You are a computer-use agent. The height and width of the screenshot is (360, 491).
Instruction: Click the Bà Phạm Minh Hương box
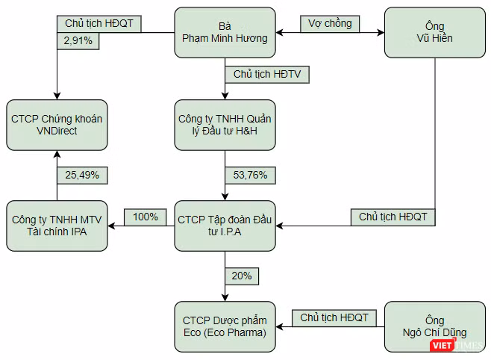[225, 33]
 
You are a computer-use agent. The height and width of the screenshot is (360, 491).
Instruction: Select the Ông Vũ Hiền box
[434, 33]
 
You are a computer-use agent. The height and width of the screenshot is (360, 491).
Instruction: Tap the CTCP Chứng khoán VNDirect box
[57, 125]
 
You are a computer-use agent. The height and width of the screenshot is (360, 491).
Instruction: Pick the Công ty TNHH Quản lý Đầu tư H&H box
[225, 125]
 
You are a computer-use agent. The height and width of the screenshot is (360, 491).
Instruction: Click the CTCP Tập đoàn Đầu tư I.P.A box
[225, 226]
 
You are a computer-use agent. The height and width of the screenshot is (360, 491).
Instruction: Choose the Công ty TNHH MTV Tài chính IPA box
[57, 226]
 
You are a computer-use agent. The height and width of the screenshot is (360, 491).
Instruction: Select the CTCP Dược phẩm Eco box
[225, 327]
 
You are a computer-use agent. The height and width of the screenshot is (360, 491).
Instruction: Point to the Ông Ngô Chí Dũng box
[434, 327]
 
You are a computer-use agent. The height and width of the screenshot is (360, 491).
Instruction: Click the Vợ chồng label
[330, 24]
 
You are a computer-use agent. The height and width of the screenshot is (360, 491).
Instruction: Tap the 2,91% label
[78, 41]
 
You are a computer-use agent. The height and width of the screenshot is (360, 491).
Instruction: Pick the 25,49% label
[82, 175]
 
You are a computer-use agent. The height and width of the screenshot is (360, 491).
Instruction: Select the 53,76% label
[250, 175]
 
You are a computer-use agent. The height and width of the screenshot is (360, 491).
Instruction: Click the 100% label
[146, 217]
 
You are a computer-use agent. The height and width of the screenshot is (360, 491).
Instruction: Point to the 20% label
[242, 276]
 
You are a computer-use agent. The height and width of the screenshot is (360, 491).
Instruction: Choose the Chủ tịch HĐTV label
[267, 74]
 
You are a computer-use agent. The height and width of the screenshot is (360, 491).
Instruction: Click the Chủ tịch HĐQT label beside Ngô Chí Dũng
[334, 318]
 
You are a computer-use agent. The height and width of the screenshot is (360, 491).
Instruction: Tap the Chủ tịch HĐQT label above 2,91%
[99, 24]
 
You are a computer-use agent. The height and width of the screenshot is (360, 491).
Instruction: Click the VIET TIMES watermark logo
[457, 345]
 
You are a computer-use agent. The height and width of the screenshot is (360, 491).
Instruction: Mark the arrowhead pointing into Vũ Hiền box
[381, 33]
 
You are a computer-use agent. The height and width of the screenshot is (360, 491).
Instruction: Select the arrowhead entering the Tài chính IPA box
[111, 226]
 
